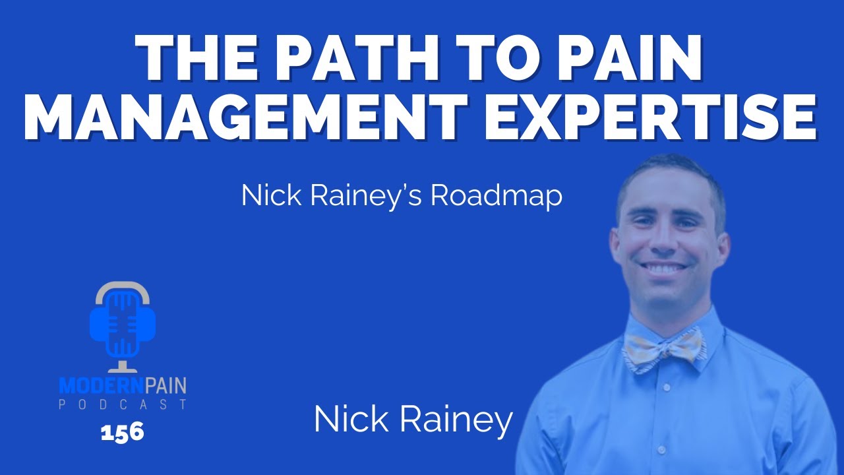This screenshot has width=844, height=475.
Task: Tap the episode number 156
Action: (123, 433)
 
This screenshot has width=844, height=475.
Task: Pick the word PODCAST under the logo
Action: (123, 404)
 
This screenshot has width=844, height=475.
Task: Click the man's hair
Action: (669, 173)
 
